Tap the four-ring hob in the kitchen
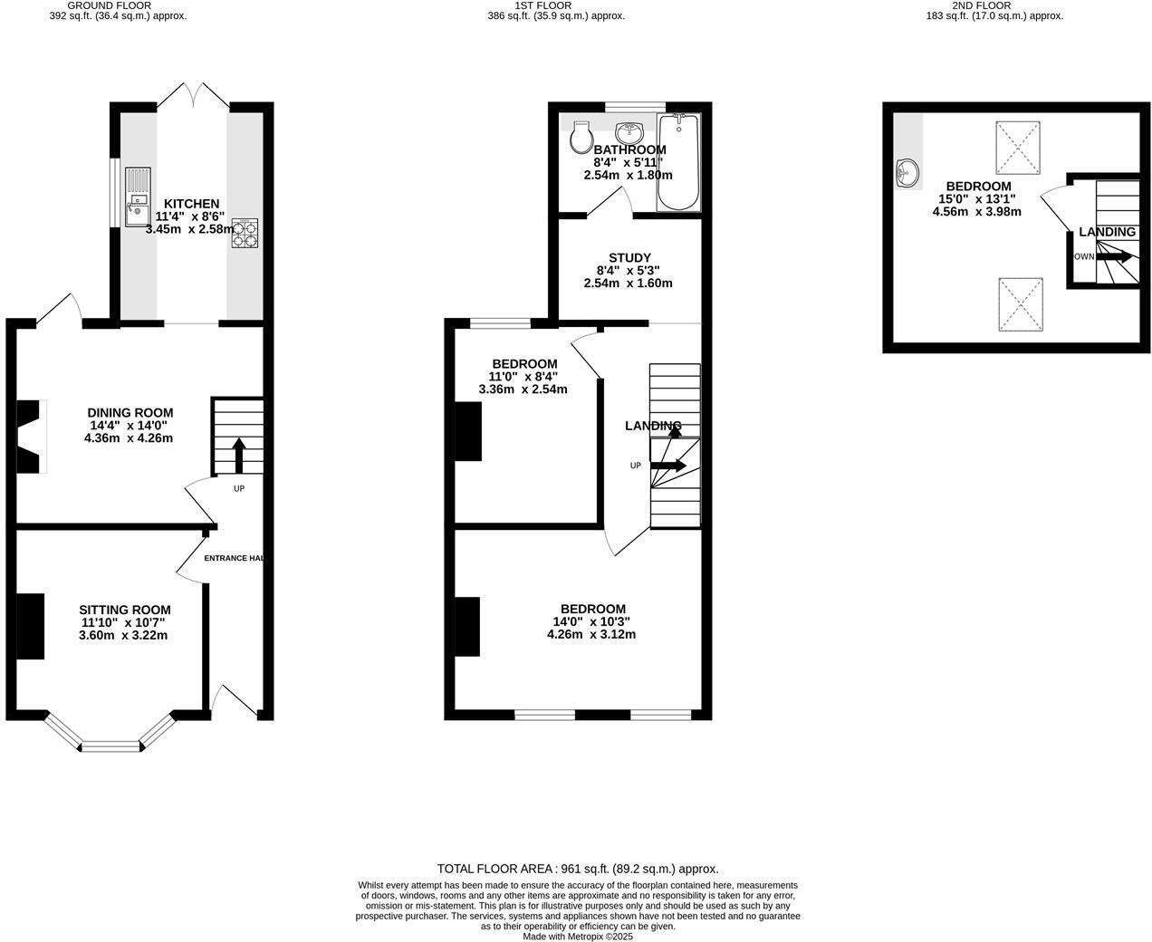pyautogui.click(x=245, y=233)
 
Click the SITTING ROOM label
pyautogui.click(x=124, y=610)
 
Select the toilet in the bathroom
pyautogui.click(x=581, y=137)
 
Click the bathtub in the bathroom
pyautogui.click(x=678, y=163)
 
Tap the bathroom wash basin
pyautogui.click(x=629, y=133)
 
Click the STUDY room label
pyautogui.click(x=629, y=258)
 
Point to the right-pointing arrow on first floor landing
pyautogui.click(x=668, y=466)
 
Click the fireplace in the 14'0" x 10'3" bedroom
pyautogui.click(x=467, y=626)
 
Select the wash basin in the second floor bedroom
pyautogui.click(x=907, y=173)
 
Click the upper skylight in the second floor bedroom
pyautogui.click(x=1018, y=148)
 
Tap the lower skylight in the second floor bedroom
pyautogui.click(x=1021, y=305)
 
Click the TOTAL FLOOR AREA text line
pyautogui.click(x=577, y=868)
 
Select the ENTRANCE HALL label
pyautogui.click(x=234, y=558)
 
